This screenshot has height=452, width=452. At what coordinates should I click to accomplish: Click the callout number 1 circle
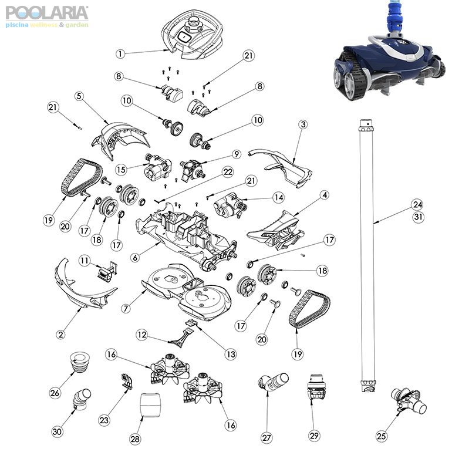120,53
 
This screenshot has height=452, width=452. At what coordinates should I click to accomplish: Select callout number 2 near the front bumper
60,334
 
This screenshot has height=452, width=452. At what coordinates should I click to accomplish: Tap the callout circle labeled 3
303,124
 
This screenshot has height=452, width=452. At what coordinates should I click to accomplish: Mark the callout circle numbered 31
417,216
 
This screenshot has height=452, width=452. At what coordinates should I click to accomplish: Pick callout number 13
230,354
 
